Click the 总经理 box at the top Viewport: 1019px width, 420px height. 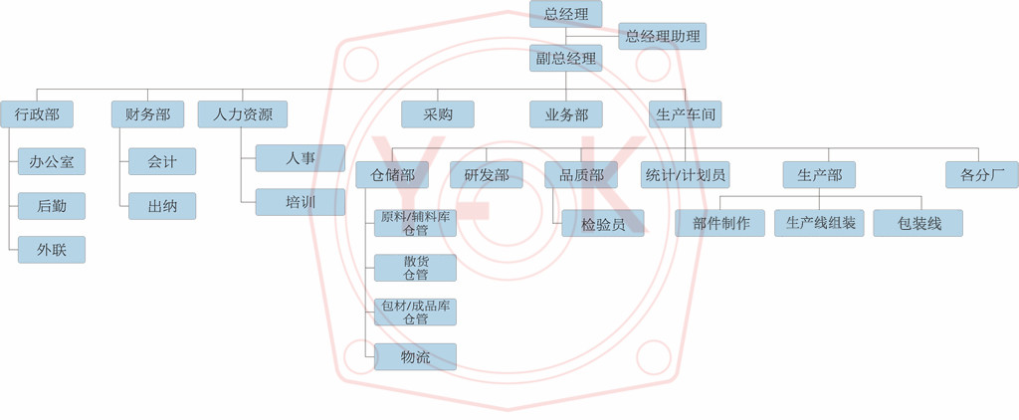pos(566,14)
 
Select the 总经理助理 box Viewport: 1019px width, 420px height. pos(663,37)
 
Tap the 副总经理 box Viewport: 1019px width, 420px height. pos(566,59)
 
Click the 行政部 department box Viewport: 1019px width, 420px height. pos(37,114)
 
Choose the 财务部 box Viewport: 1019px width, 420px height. pos(147,114)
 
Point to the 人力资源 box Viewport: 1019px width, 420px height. pos(243,114)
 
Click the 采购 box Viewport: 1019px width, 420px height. pos(438,114)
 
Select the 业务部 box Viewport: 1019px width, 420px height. pos(566,114)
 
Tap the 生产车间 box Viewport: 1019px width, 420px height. pos(685,114)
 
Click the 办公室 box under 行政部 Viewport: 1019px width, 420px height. pos(52,161)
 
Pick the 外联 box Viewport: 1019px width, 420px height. pos(52,249)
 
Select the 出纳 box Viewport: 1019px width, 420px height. pos(162,206)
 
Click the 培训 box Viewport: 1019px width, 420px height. pos(301,202)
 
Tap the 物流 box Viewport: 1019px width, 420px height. pos(415,357)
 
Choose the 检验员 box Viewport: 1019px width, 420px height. pos(603,223)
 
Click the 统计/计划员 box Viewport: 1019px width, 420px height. pos(685,175)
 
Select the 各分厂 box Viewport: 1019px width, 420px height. pos(981,175)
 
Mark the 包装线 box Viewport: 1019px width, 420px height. pos(918,223)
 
